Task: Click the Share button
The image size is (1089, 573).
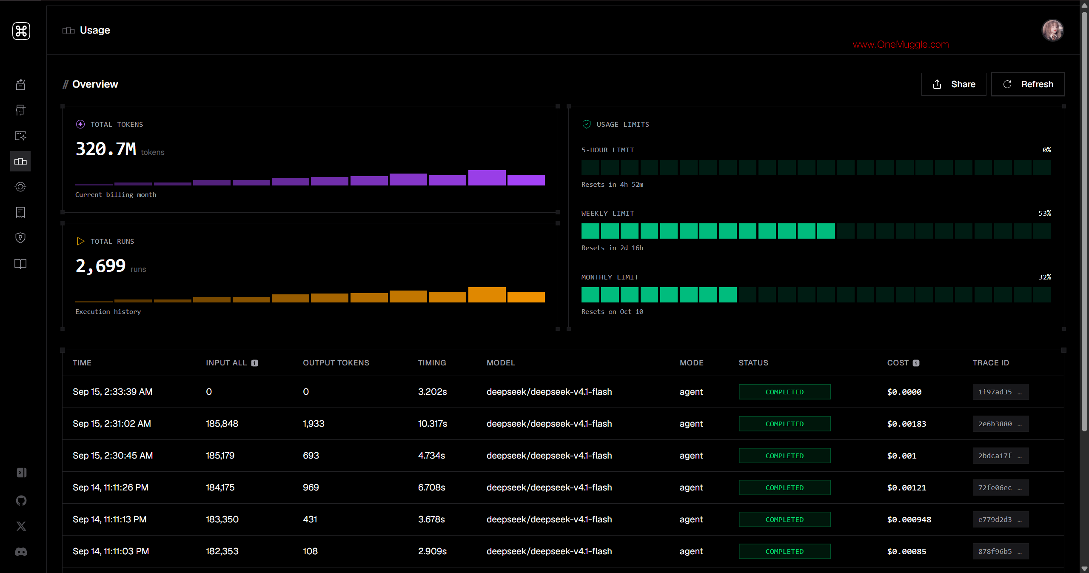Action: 953,84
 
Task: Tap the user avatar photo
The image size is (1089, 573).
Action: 1052,31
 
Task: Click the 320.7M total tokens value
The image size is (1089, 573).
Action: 106,149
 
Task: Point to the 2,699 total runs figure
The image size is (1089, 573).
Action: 101,266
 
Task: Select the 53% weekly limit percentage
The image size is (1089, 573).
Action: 1044,213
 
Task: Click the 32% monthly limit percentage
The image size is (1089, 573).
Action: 1044,277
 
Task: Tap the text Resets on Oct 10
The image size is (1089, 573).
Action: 612,311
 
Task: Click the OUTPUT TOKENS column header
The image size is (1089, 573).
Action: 336,363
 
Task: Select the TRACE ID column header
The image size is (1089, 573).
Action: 991,363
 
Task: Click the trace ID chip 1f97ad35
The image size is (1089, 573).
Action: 1001,392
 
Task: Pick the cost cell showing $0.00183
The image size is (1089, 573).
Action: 907,424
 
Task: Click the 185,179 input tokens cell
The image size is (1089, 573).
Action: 220,456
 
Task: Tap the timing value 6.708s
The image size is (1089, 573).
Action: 431,487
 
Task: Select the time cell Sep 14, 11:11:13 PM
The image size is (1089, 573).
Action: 109,519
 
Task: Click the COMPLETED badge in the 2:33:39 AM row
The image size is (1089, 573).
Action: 784,392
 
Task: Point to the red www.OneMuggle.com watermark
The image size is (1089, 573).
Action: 901,44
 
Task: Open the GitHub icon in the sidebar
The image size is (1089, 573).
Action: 21,501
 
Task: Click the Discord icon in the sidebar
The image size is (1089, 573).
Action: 21,552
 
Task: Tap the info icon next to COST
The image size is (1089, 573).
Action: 916,363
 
